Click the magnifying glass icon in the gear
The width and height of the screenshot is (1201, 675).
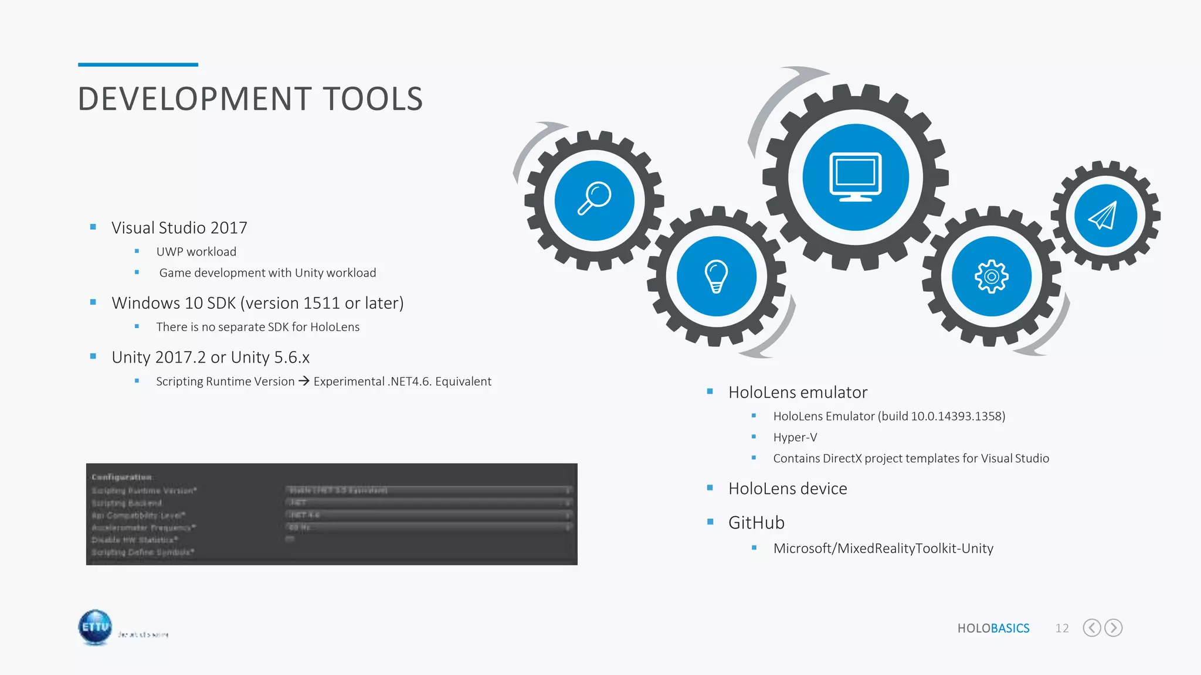(594, 199)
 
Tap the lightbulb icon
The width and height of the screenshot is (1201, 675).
(716, 276)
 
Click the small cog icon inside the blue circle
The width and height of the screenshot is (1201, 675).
(991, 276)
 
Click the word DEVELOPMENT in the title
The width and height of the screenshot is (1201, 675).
(194, 99)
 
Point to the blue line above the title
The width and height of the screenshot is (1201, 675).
(138, 64)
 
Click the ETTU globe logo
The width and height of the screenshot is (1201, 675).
(95, 627)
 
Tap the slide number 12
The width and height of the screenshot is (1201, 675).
(1061, 628)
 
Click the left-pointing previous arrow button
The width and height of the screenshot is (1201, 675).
(1091, 628)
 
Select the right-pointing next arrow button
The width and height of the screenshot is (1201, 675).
(1113, 628)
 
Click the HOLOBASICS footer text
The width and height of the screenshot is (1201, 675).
(993, 628)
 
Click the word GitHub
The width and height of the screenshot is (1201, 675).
(756, 523)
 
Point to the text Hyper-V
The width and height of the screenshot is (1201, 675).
(795, 437)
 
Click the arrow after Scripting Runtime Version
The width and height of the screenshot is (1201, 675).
(304, 381)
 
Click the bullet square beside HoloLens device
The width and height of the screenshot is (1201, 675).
(710, 487)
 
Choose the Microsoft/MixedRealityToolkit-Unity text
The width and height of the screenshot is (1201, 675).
(883, 548)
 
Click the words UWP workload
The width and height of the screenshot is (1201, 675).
(196, 252)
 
